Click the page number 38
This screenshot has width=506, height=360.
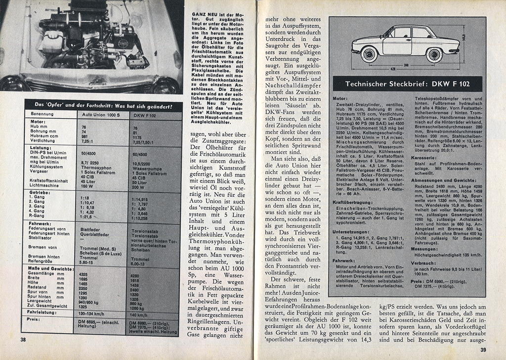(23, 340)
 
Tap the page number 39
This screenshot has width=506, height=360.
(483, 351)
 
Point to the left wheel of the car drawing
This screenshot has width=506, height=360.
(369, 53)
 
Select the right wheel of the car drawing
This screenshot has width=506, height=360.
(434, 54)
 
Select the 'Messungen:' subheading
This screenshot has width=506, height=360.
(423, 249)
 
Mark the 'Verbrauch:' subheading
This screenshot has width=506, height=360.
(422, 263)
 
